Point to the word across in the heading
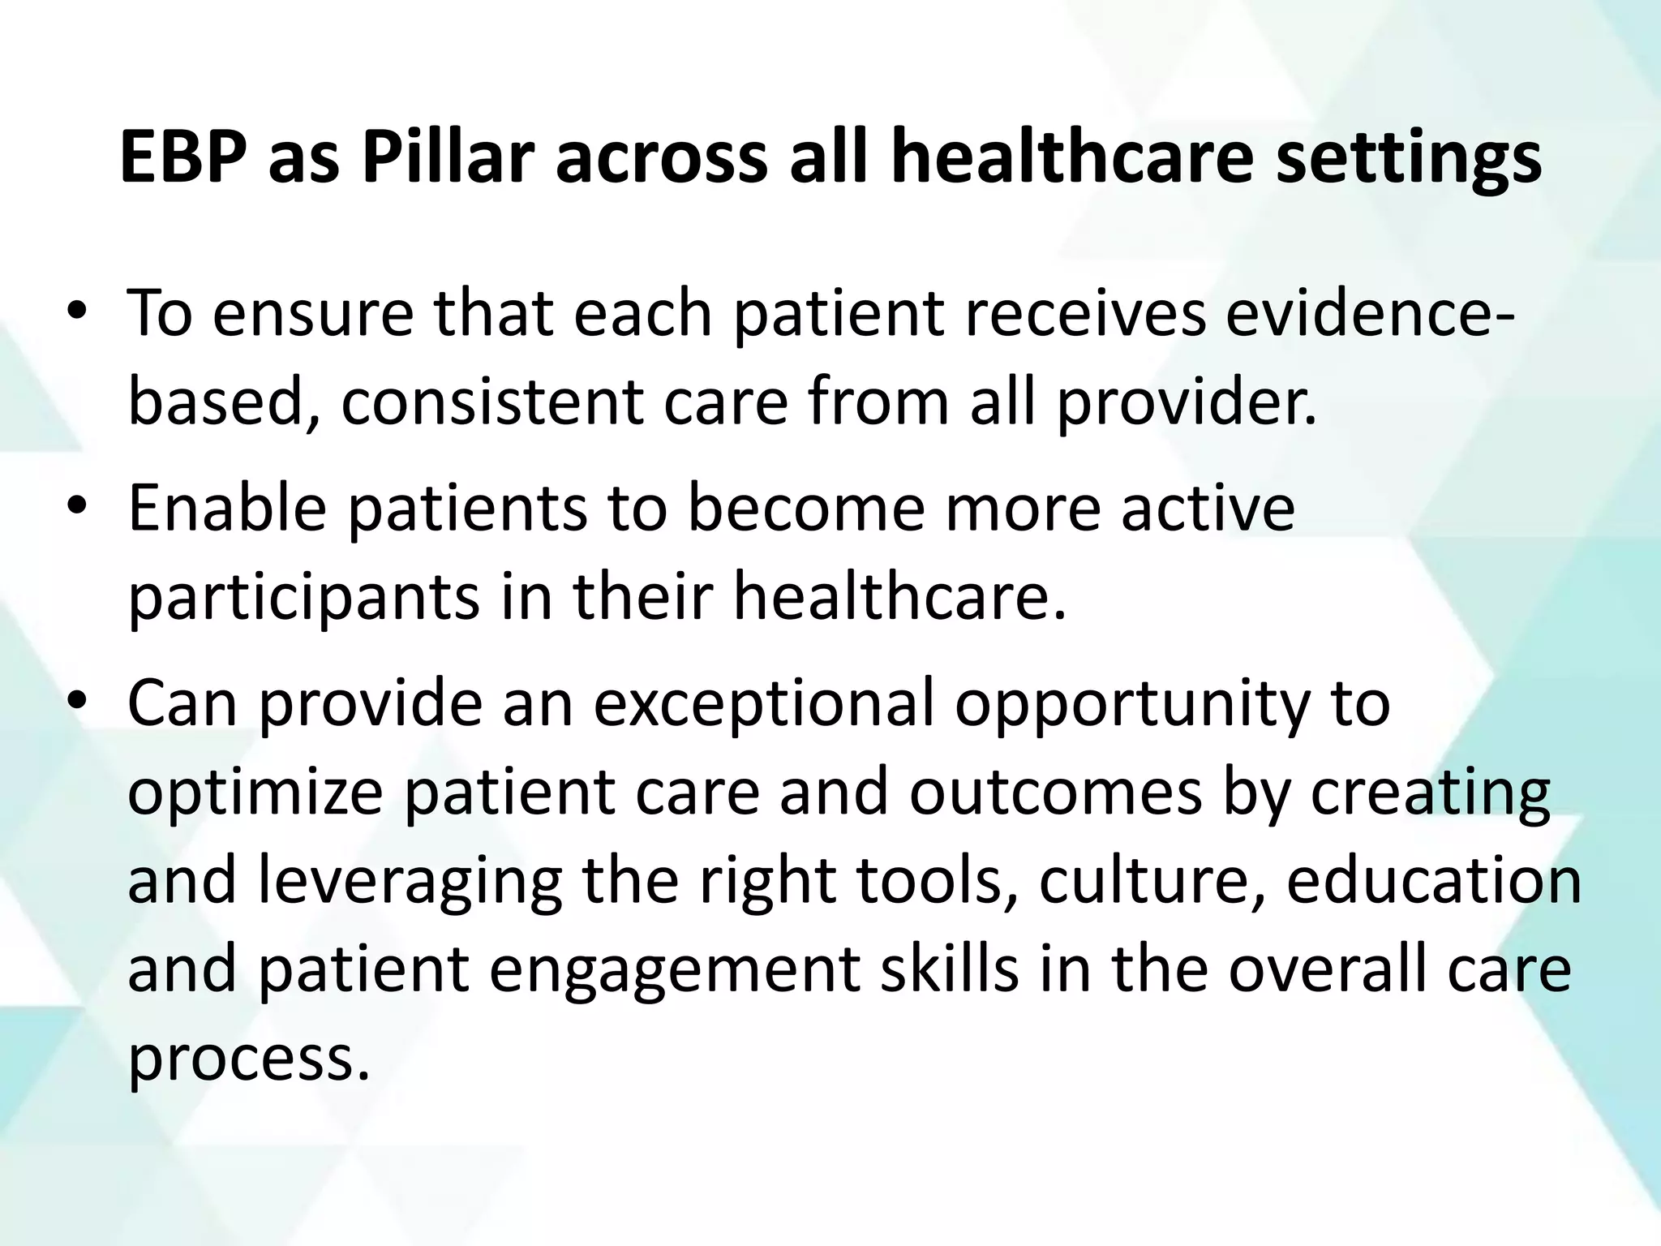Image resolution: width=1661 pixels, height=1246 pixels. (660, 157)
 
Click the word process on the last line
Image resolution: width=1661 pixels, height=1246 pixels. (243, 1059)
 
